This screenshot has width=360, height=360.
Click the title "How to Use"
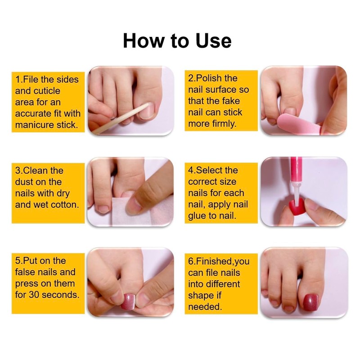pos(177,40)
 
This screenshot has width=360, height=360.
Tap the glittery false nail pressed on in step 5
pos(128,301)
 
